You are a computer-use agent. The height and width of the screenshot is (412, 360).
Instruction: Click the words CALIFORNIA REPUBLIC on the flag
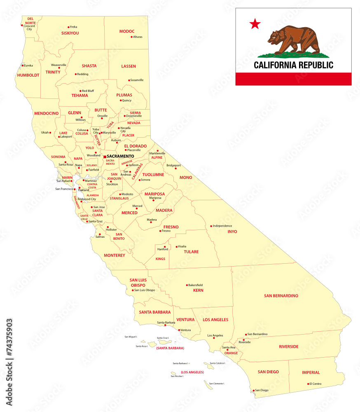tap(293, 65)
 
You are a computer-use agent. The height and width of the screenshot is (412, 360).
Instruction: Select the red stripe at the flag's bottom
tap(293, 78)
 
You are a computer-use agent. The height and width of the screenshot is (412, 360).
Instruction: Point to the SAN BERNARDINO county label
tap(281, 295)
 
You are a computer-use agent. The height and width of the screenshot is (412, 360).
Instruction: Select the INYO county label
tap(232, 232)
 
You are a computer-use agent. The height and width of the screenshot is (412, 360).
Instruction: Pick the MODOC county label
tap(127, 31)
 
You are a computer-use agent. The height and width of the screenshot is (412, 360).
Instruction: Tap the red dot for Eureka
tap(23, 66)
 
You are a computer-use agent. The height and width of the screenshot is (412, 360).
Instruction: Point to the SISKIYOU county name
tap(70, 33)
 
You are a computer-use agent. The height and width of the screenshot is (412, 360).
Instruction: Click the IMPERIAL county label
tap(311, 372)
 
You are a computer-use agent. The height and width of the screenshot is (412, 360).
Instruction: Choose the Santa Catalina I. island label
tap(217, 363)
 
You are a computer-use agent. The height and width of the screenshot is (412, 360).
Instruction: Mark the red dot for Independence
tap(211, 226)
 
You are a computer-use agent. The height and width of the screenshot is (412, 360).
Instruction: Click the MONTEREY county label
tap(115, 255)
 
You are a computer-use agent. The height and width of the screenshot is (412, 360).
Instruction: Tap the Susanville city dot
tap(129, 80)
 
